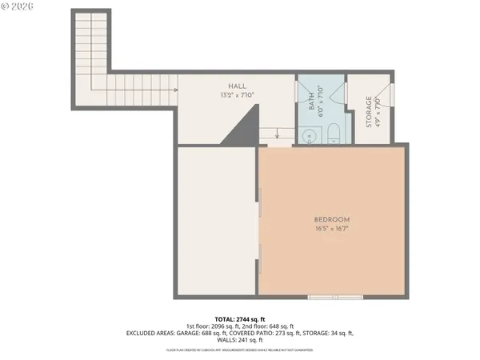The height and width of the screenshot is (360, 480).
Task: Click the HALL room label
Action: (x=237, y=86)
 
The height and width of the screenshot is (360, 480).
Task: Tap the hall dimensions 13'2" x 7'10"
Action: (x=237, y=95)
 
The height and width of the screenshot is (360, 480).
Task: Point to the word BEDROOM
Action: (x=332, y=219)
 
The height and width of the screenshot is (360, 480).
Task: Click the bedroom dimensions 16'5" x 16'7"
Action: (x=332, y=228)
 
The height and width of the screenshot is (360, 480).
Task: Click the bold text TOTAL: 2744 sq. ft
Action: (x=240, y=318)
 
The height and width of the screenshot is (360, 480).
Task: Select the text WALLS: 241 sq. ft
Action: (x=240, y=340)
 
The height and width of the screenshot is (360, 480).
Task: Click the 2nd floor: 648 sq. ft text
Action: (x=267, y=326)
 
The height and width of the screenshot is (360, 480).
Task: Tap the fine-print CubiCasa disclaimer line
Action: (x=240, y=350)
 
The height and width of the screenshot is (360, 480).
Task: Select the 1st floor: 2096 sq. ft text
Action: (x=211, y=326)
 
